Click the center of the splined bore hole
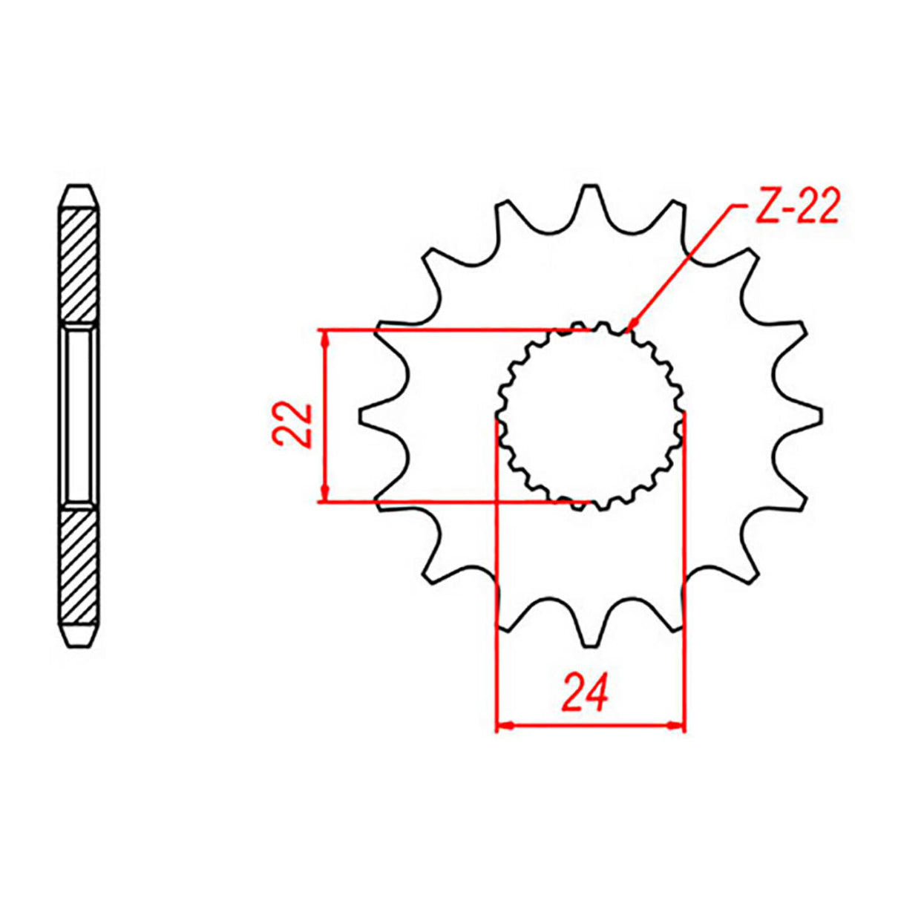[590, 416]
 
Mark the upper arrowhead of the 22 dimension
[324, 338]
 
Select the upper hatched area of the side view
[79, 263]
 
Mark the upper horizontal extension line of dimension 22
[445, 330]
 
